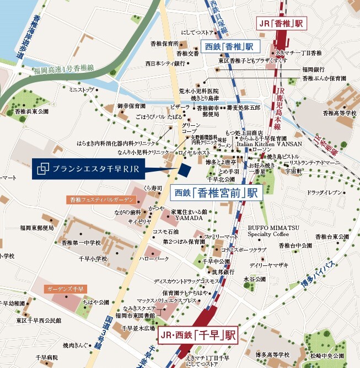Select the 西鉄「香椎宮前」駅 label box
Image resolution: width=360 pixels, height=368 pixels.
coord(216,193)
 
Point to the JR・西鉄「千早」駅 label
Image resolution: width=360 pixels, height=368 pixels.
coord(197,335)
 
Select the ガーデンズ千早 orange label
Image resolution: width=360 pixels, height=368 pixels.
coord(65,289)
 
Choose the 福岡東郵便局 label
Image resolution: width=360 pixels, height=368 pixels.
coord(37,227)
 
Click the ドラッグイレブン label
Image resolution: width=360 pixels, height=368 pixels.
coord(325,192)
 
